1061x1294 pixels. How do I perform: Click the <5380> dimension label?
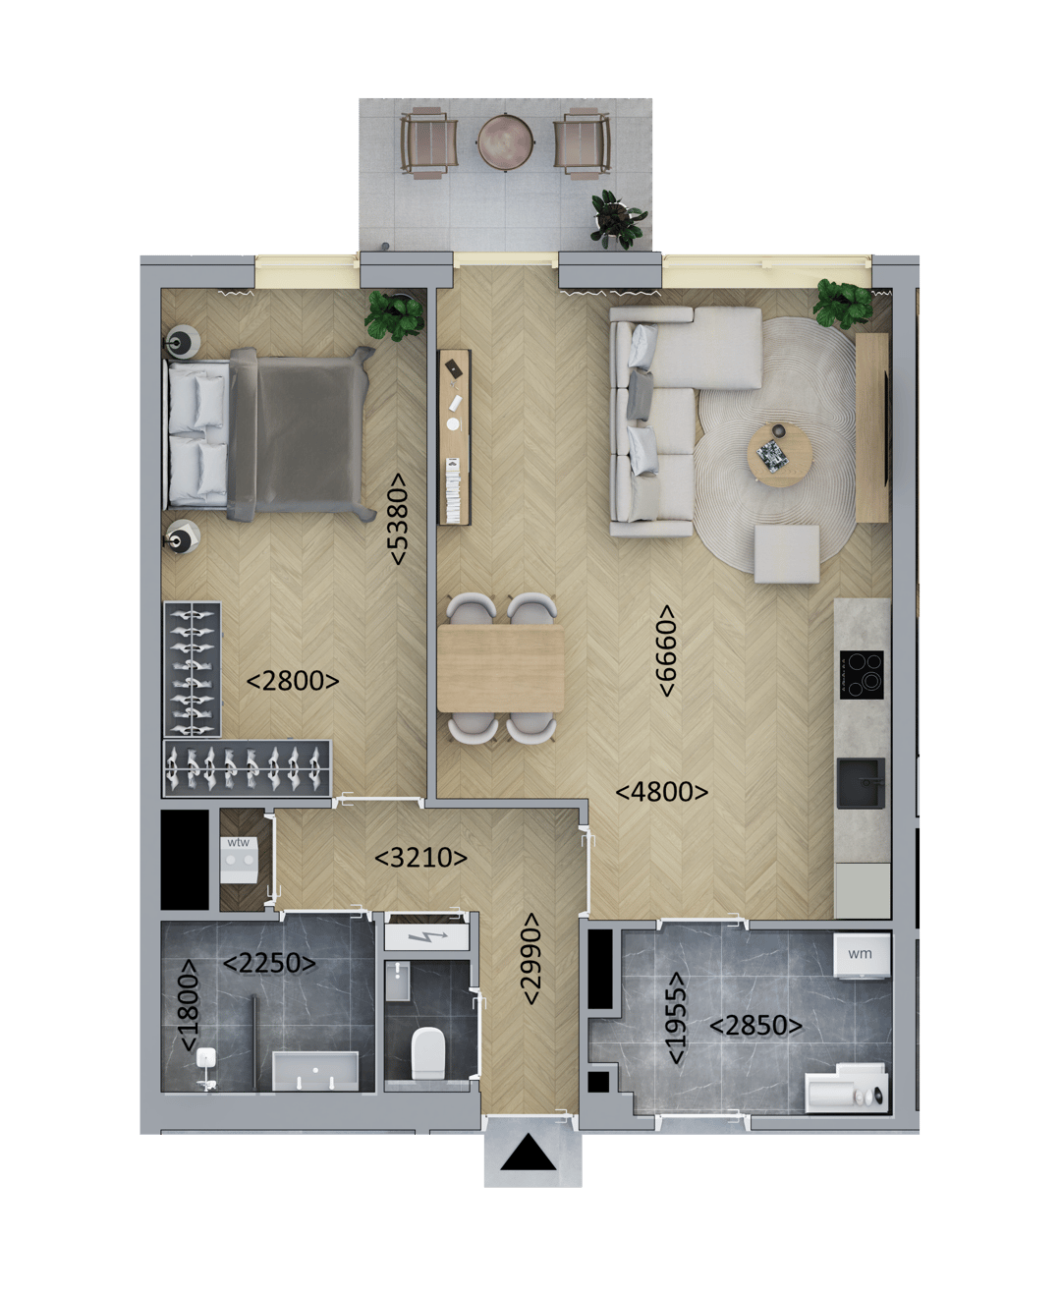point(398,519)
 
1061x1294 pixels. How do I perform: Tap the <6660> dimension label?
point(667,650)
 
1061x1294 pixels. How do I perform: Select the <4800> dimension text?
point(661,792)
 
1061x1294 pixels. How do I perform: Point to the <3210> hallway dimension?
point(420,858)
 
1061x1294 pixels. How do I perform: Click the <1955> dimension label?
point(677,1018)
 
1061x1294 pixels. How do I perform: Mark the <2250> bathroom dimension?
point(269,963)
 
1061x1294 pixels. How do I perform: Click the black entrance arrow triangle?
point(529,1153)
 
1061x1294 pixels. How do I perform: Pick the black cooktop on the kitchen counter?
point(862,675)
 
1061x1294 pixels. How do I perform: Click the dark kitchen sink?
point(861,783)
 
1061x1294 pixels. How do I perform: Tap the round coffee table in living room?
point(780,455)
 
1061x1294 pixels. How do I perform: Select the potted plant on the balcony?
point(617,217)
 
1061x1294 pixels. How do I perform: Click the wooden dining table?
point(500,668)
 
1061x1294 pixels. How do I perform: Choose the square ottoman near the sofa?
point(787,554)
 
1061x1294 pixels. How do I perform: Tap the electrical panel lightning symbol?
point(426,937)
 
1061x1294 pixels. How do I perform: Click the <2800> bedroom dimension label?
point(293,680)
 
